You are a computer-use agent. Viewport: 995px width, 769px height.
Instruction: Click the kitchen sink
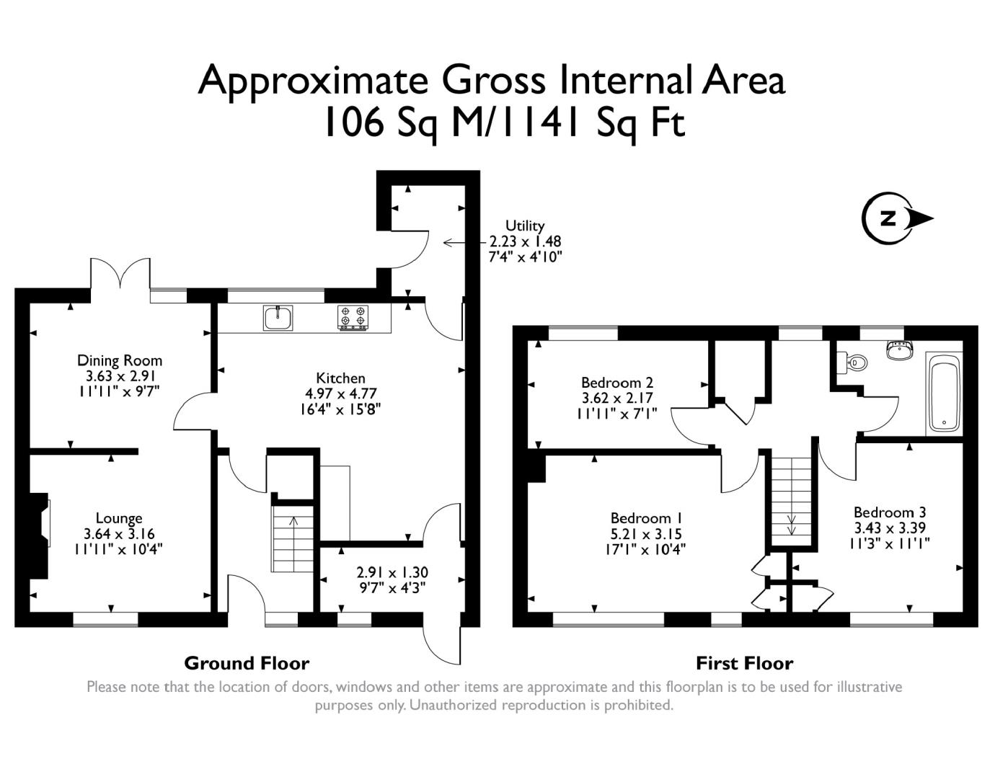point(278,318)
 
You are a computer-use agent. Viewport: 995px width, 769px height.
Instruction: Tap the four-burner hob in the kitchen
point(353,317)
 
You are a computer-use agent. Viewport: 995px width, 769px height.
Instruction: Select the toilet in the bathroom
point(852,363)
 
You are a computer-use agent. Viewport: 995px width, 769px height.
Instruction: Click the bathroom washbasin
point(901,350)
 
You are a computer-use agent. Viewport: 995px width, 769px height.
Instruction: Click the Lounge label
point(119,518)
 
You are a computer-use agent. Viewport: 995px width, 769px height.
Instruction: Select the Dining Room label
point(120,360)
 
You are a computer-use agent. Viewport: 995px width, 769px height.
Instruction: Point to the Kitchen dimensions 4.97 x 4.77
point(340,394)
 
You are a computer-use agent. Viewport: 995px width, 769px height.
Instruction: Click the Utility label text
point(525,226)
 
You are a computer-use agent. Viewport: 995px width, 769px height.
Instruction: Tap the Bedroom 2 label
point(616,382)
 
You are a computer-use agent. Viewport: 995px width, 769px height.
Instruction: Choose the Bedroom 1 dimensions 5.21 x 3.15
point(646,533)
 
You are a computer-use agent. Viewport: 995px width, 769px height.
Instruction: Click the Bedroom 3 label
point(889,512)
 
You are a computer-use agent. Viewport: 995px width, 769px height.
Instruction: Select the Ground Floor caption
point(247,663)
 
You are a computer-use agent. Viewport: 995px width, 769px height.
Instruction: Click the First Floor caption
point(745,663)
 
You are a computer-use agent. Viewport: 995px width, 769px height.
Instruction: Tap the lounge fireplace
point(40,535)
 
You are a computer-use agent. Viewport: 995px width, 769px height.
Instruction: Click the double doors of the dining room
point(120,274)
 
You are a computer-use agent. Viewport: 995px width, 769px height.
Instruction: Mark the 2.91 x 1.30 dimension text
point(392,572)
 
